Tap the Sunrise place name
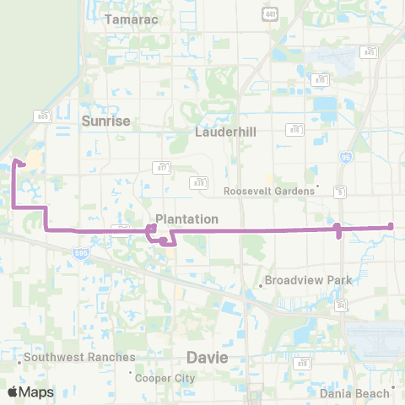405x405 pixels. [106, 121]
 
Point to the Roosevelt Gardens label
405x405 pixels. [270, 191]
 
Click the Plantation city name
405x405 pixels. [186, 219]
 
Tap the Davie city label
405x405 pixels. [208, 358]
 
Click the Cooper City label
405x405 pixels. [165, 377]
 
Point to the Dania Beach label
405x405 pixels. [354, 393]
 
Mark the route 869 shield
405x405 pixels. [42, 116]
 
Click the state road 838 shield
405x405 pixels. [200, 181]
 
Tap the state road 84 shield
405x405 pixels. [341, 305]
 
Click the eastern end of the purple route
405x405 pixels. [391, 225]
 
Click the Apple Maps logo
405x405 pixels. [30, 391]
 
